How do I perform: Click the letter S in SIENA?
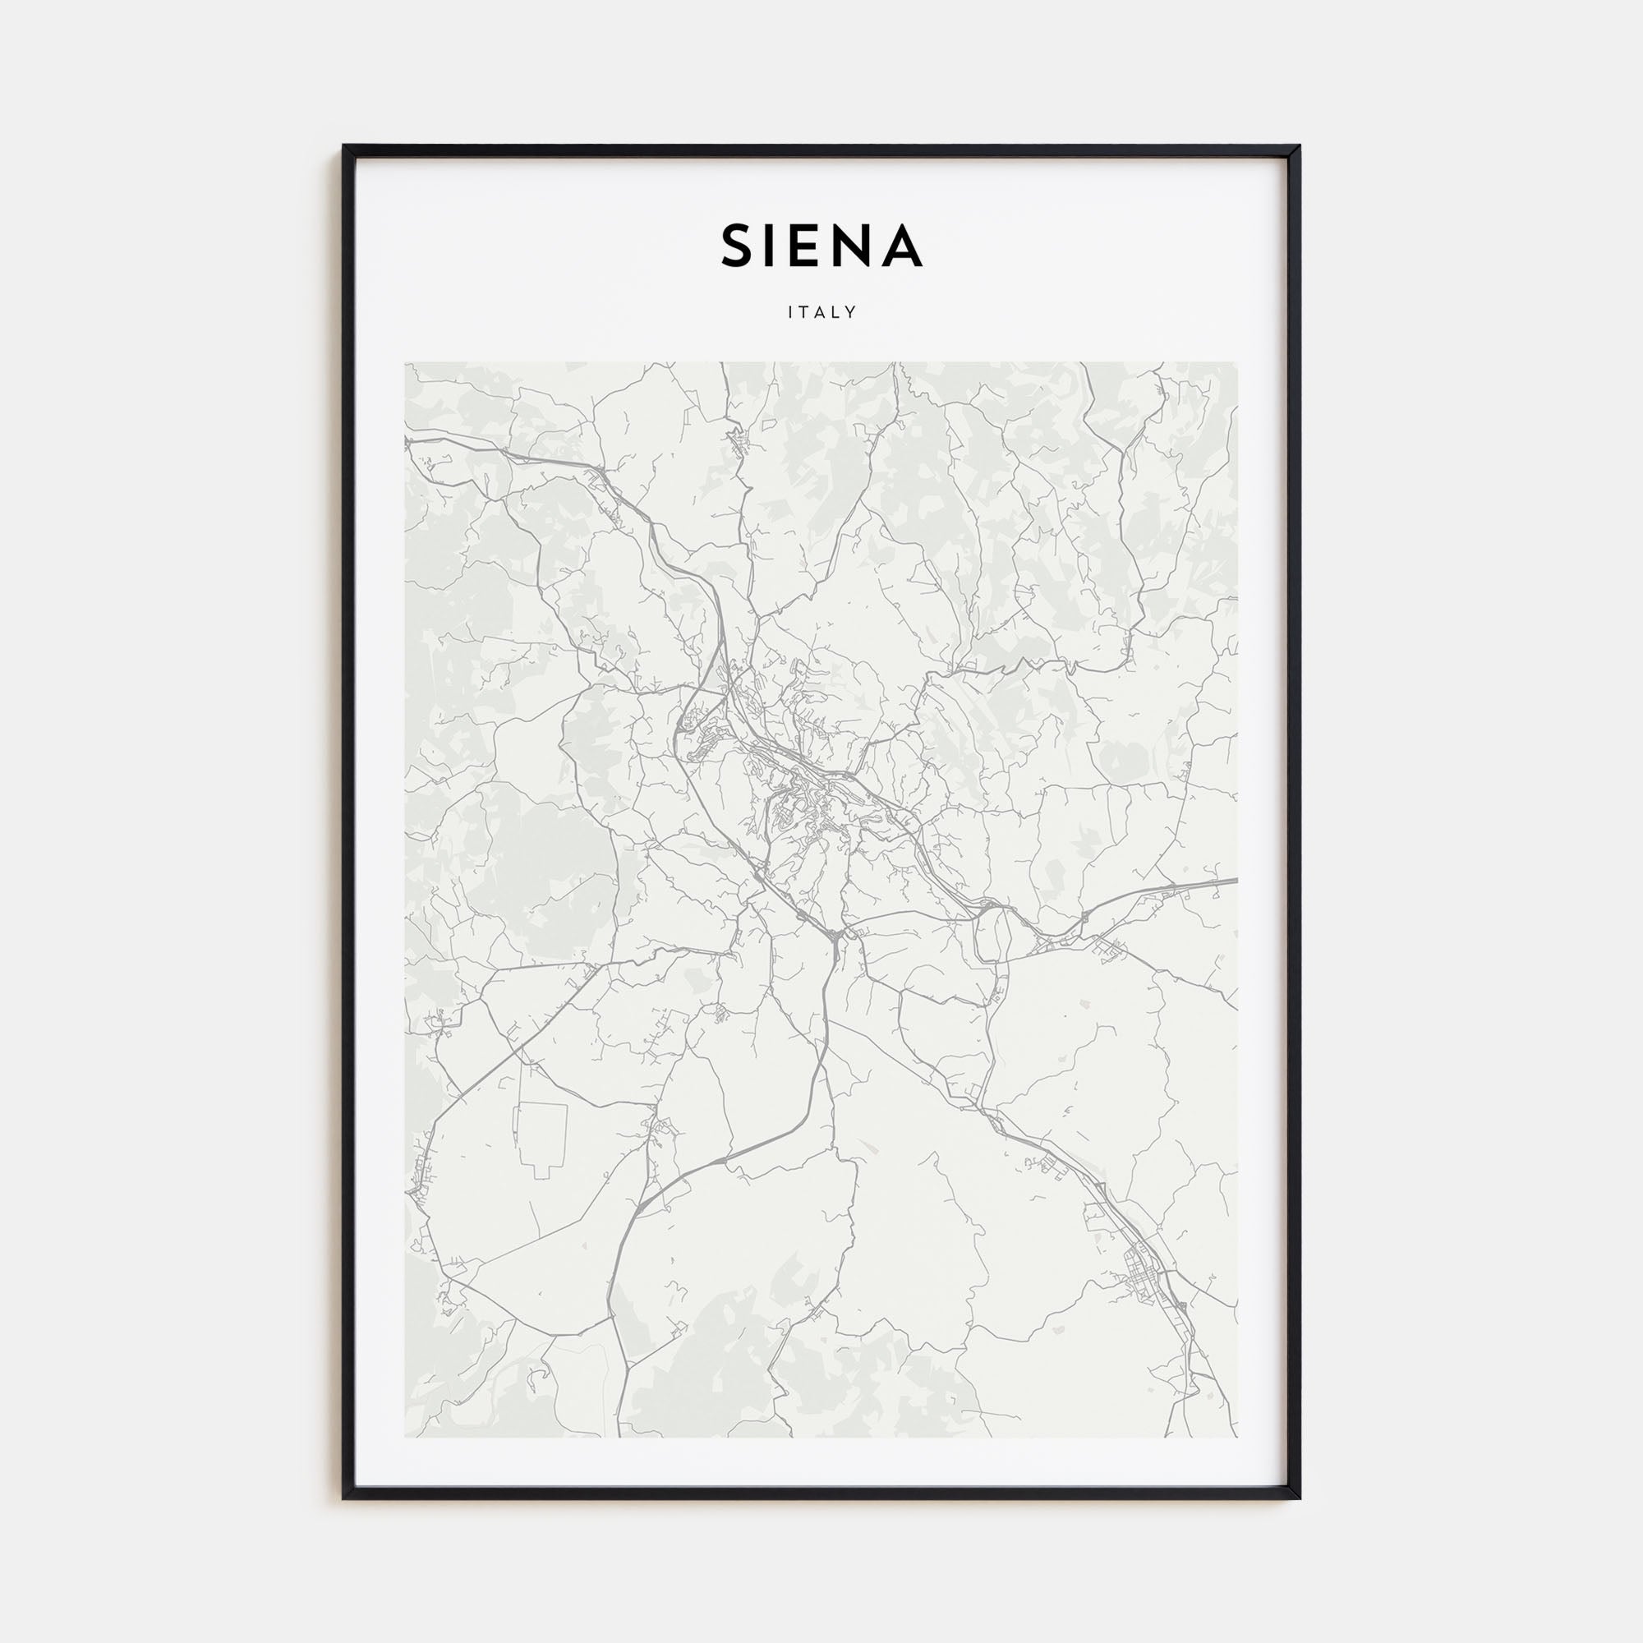point(739,246)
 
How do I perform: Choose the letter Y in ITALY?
point(851,312)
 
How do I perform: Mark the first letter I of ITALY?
point(790,312)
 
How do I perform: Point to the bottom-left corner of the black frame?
point(344,1498)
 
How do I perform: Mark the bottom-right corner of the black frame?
point(1299,1498)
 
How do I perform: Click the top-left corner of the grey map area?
point(406,363)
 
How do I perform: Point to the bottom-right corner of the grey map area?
point(1237,1436)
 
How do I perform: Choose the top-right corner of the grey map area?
point(1237,363)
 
